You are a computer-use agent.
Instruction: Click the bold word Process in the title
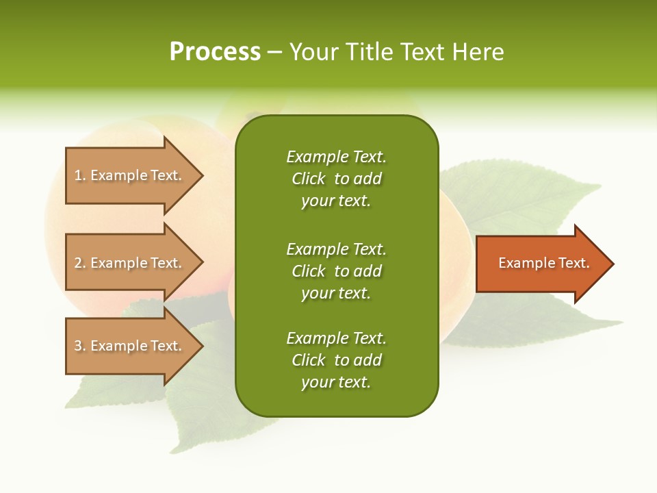(215, 52)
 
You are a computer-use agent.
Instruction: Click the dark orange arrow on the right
(541, 264)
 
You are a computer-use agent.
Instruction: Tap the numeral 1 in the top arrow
(78, 176)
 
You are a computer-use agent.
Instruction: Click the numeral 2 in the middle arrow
(78, 263)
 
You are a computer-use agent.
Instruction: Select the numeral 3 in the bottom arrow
(78, 346)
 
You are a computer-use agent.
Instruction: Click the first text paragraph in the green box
(336, 179)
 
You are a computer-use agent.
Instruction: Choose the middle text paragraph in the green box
(336, 271)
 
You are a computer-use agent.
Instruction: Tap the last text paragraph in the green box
(336, 360)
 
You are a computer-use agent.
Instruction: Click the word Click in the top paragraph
(309, 179)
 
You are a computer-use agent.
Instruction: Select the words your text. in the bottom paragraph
(336, 382)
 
